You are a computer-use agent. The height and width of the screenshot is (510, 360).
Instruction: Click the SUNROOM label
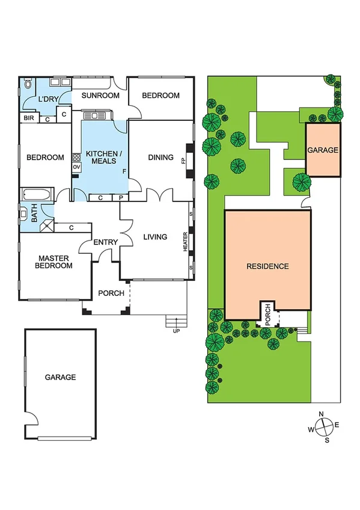pyautogui.click(x=100, y=96)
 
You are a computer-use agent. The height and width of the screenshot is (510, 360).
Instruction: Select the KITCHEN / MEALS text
pyautogui.click(x=104, y=158)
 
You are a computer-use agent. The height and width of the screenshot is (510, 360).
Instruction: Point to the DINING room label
pyautogui.click(x=160, y=158)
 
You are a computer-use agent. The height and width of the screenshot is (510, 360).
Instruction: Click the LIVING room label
pyautogui.click(x=155, y=237)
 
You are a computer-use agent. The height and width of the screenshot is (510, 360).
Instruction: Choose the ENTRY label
pyautogui.click(x=105, y=242)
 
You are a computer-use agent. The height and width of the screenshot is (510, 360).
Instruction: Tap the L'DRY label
pyautogui.click(x=47, y=99)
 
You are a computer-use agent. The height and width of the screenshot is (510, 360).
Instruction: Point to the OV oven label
pyautogui.click(x=76, y=167)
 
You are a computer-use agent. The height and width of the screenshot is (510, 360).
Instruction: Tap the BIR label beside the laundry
pyautogui.click(x=28, y=118)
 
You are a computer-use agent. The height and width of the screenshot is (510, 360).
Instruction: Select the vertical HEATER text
pyautogui.click(x=186, y=242)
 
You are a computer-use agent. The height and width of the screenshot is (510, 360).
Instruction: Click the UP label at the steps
pyautogui.click(x=176, y=331)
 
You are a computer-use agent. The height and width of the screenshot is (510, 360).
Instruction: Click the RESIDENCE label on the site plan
pyautogui.click(x=267, y=266)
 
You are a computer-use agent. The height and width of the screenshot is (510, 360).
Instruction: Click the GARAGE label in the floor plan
pyautogui.click(x=61, y=378)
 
